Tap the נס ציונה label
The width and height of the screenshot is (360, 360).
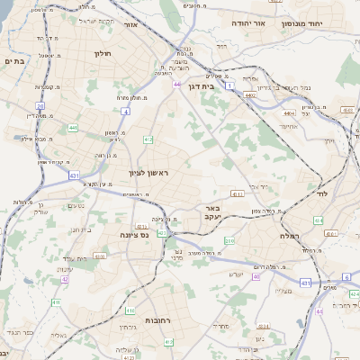pos(134,234)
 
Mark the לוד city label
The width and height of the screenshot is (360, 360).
pos(322,193)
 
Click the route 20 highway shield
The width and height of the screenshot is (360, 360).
pos(40,106)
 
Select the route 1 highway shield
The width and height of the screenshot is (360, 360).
pos(229,85)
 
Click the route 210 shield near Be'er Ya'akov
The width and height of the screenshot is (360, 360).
pos(229,241)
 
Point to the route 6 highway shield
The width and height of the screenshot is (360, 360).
pos(346,276)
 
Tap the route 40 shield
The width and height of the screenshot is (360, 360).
pos(256,276)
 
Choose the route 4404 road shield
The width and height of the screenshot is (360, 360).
pos(289,114)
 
